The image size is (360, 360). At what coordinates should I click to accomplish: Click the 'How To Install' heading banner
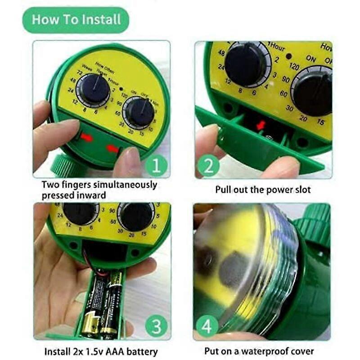76,20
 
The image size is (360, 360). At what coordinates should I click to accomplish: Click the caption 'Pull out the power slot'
263,189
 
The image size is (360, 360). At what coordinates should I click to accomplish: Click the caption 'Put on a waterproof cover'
259,351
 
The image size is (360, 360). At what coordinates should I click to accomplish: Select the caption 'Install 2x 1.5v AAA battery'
101,351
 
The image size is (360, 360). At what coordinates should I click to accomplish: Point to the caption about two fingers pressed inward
99,190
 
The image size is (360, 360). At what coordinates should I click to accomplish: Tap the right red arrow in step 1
113,148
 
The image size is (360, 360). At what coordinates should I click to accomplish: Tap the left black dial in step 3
80,213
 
